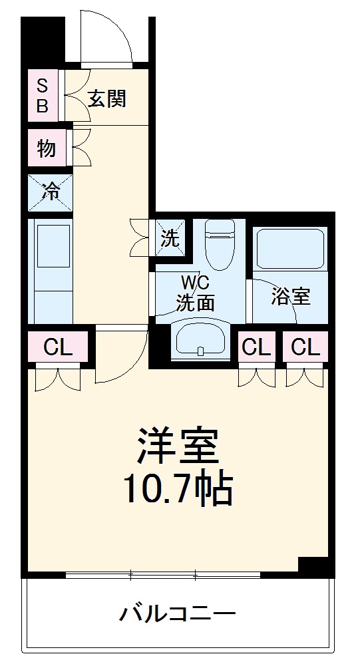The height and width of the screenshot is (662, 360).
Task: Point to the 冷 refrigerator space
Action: pos(50,192)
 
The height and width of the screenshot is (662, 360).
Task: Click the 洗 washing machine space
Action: pos(169,236)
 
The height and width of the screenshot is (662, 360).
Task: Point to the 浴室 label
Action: pos(291,296)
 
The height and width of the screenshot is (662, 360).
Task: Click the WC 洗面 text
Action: pos(195,293)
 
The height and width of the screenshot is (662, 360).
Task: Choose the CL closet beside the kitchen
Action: pos(57,347)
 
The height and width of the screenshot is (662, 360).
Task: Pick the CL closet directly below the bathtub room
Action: pos(305,347)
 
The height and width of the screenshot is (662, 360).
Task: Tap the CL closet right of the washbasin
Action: pos(256,347)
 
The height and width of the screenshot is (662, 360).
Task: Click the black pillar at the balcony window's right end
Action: pos(315,566)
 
